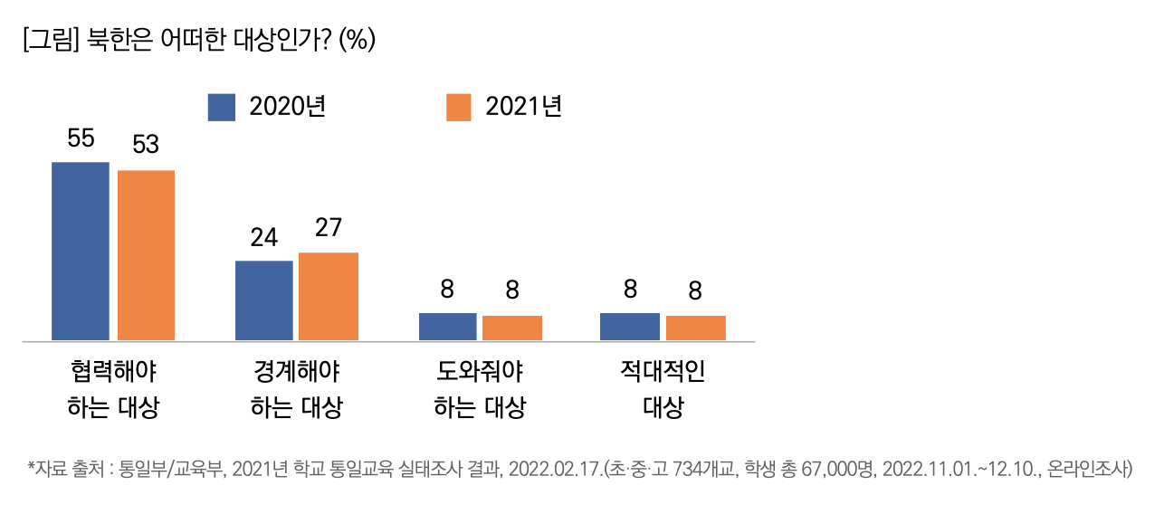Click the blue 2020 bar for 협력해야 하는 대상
(x=80, y=251)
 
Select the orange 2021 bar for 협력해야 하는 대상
(x=146, y=255)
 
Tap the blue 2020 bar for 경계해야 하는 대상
(x=263, y=300)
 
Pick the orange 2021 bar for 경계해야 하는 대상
(x=329, y=296)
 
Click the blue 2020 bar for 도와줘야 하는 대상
(x=447, y=327)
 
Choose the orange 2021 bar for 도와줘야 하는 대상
(x=512, y=328)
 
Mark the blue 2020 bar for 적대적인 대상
(x=630, y=327)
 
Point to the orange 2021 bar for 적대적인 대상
(x=696, y=328)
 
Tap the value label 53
(x=146, y=145)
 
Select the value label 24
(x=263, y=237)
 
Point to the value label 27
(x=329, y=228)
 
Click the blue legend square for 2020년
(x=222, y=107)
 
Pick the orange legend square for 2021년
(x=460, y=107)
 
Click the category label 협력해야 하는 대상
(x=113, y=390)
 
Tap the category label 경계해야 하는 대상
(x=296, y=390)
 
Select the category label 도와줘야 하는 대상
(x=480, y=390)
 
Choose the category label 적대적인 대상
(x=663, y=390)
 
